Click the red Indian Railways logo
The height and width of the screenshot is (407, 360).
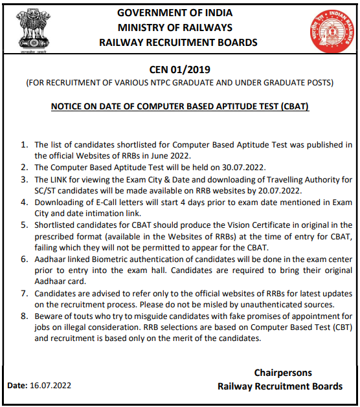328,30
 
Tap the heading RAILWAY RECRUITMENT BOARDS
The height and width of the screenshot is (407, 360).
178,43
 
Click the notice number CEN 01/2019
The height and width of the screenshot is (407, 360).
179,69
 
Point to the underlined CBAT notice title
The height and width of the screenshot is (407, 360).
179,106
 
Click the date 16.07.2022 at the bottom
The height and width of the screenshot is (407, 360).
51,386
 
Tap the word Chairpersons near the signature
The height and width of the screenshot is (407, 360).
283,373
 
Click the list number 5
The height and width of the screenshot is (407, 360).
24,225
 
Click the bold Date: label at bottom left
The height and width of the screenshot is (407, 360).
17,386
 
